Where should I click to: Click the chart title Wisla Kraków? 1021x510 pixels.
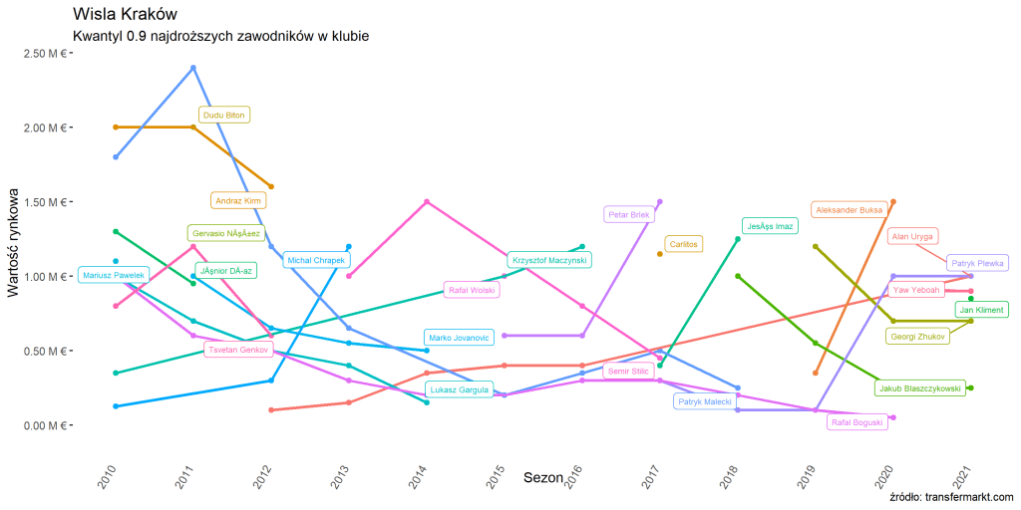click(126, 14)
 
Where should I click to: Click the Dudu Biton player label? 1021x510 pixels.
click(223, 116)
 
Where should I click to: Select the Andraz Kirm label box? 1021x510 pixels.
click(238, 200)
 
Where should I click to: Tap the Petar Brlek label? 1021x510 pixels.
click(628, 214)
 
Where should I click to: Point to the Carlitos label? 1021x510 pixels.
click(684, 243)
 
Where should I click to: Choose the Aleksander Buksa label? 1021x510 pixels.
click(849, 210)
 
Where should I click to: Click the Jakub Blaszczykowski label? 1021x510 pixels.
click(919, 388)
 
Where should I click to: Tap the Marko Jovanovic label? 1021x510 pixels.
click(459, 338)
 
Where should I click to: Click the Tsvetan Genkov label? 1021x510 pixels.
click(238, 350)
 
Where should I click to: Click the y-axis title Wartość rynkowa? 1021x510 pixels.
click(14, 239)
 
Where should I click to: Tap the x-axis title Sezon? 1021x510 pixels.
click(543, 478)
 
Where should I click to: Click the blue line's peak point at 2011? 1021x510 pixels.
click(193, 68)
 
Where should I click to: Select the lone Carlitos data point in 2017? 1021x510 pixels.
click(660, 254)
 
